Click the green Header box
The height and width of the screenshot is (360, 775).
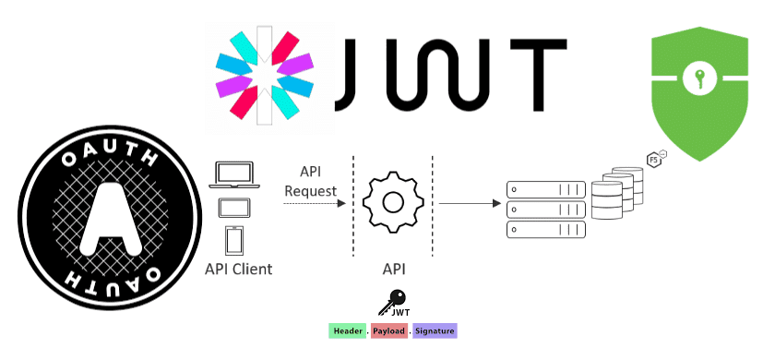pos(347,330)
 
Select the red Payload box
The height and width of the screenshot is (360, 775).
pos(390,330)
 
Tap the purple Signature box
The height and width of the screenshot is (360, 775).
pos(434,330)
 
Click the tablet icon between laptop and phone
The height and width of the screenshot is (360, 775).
pos(233,208)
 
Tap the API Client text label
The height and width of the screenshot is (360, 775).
pos(239,270)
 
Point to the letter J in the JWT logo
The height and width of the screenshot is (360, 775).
pos(355,70)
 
